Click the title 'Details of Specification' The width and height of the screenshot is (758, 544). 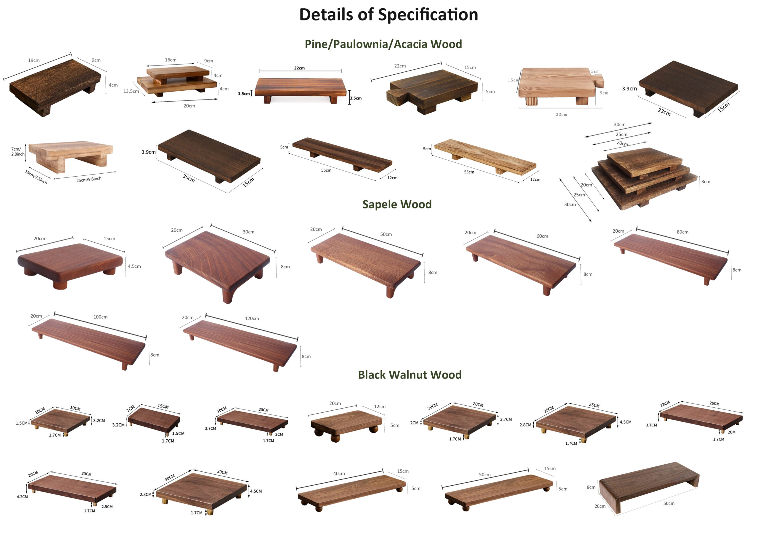[388, 15]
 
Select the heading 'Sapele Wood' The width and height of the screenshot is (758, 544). [397, 204]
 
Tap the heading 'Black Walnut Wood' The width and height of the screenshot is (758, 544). [409, 375]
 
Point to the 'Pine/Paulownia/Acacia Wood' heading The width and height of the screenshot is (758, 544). [383, 44]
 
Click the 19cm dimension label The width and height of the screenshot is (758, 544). [34, 60]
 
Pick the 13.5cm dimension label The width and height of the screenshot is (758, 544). [131, 91]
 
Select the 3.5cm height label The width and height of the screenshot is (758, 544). [356, 98]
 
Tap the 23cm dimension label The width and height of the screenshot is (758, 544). [664, 112]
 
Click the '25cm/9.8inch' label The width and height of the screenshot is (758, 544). [89, 180]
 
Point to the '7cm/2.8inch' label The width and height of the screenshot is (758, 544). [17, 152]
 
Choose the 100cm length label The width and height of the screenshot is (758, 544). [100, 317]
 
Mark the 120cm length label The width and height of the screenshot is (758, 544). [252, 319]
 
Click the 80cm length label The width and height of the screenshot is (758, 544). [682, 232]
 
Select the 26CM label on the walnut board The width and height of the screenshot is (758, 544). [714, 404]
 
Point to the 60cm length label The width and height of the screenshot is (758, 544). [542, 236]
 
